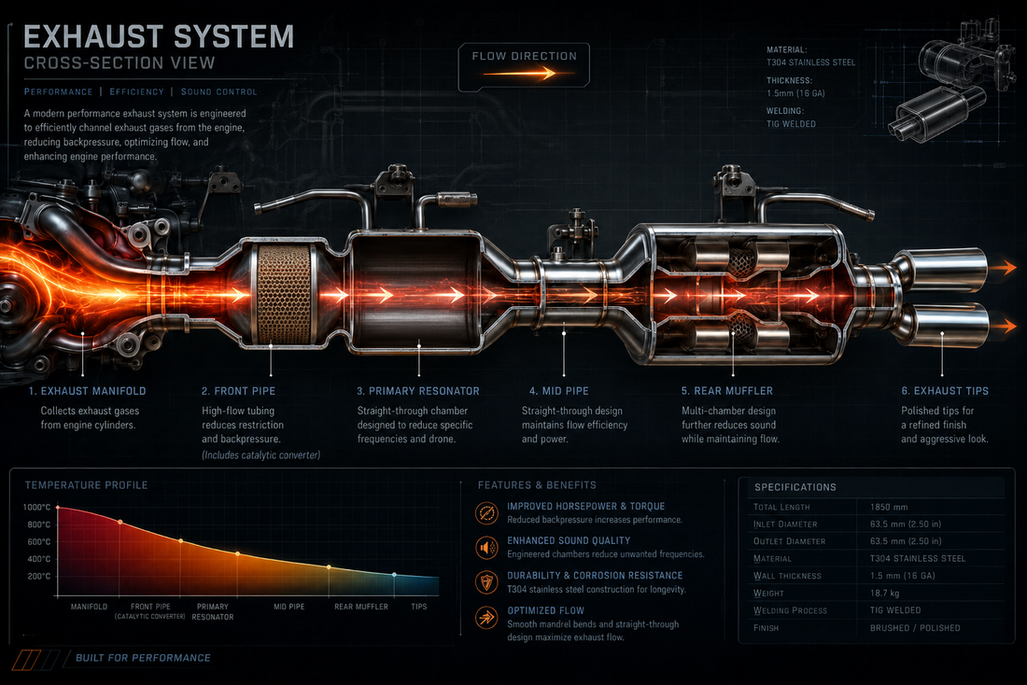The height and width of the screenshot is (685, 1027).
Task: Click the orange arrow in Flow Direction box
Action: tap(519, 74)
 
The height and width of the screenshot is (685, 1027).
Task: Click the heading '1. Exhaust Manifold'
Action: tap(87, 391)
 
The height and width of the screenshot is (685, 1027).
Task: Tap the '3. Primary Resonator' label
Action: tap(418, 391)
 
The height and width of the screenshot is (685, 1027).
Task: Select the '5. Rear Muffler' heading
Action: tap(727, 391)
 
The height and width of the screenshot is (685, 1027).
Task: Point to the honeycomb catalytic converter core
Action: tap(284, 295)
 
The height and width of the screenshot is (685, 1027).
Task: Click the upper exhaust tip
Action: tap(942, 269)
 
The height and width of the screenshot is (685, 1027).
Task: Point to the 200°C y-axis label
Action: tap(38, 577)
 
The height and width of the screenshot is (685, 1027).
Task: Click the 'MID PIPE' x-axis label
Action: tap(288, 607)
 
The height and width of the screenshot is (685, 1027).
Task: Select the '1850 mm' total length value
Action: tap(889, 507)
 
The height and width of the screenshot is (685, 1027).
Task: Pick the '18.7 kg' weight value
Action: tap(884, 594)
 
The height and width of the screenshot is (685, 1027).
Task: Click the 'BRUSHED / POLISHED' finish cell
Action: tap(915, 628)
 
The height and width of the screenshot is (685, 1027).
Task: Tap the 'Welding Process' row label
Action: tap(790, 610)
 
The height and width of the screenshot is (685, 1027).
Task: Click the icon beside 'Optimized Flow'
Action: tap(486, 617)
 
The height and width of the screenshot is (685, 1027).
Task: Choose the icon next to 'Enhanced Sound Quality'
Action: tap(486, 547)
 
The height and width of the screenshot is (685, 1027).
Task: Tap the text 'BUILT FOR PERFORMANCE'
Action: tap(143, 658)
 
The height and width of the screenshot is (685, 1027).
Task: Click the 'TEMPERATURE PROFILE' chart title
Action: tap(87, 485)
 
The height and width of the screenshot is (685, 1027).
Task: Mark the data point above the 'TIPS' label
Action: tap(394, 574)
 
